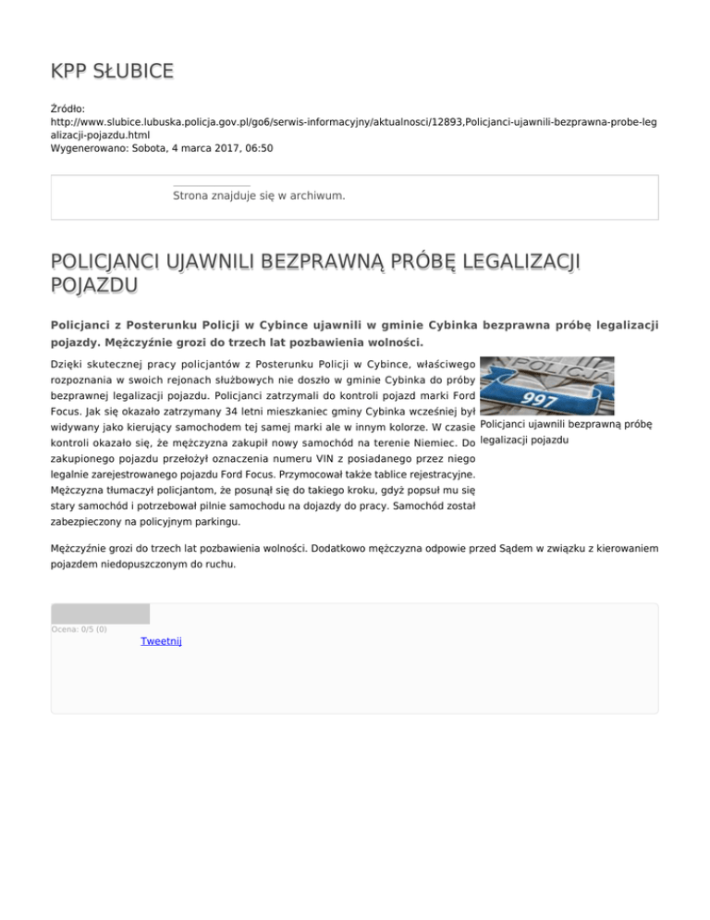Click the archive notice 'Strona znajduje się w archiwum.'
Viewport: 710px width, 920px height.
pos(259,196)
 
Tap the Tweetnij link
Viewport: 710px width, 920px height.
pos(161,641)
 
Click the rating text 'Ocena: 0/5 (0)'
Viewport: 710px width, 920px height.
pos(79,629)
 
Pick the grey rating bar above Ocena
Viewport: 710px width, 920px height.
pos(100,613)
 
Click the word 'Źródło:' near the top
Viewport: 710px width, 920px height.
pos(68,108)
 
